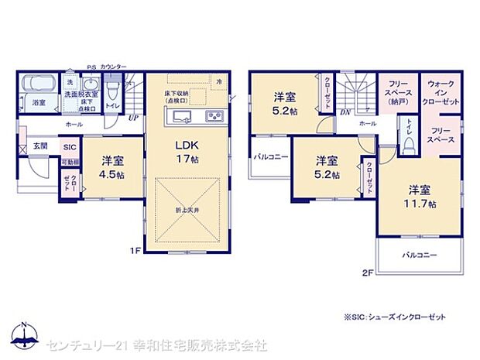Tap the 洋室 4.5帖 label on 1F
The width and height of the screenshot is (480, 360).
click(111, 168)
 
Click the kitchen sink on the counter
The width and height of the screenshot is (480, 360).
click(183, 117)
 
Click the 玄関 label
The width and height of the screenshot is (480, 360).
click(40, 146)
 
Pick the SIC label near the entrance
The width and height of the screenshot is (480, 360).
click(69, 147)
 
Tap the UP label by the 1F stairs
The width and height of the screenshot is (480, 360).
click(133, 118)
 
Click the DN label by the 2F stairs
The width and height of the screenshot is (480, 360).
click(345, 112)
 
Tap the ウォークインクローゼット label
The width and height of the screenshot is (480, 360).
click(441, 92)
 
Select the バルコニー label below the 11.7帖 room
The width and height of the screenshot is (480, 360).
click(419, 255)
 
